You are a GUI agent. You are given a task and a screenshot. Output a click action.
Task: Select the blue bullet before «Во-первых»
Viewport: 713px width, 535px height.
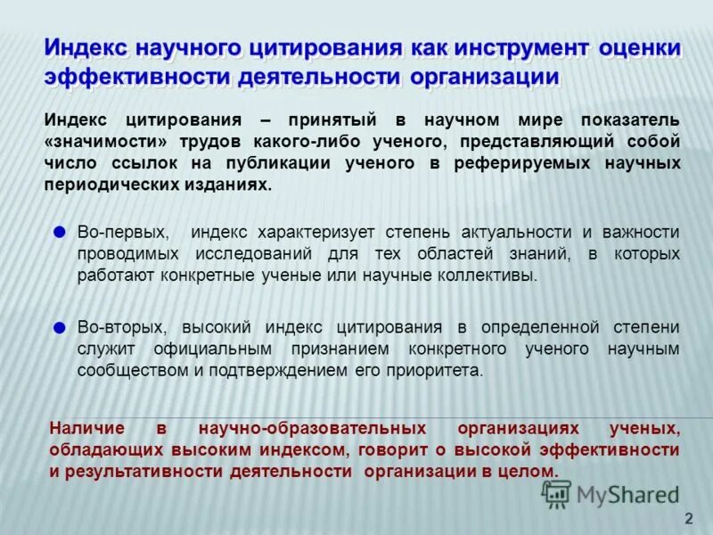[60, 232]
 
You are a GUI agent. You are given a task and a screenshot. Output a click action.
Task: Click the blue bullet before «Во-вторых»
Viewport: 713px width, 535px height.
[60, 327]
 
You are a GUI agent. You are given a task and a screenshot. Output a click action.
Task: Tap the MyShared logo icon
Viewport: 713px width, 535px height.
[557, 494]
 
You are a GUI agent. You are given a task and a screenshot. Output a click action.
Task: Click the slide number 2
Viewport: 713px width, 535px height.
[687, 519]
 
